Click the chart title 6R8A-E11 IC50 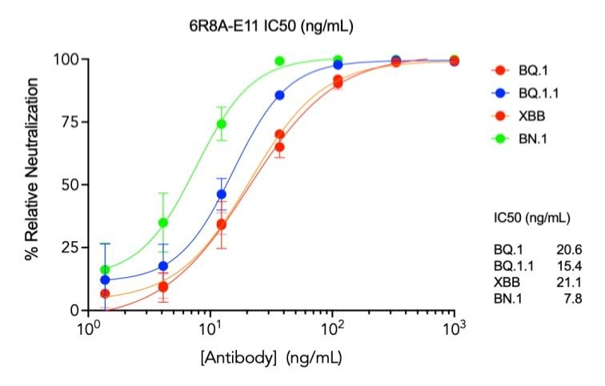click(266, 27)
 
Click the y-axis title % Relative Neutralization click(33, 184)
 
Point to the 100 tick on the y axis click(67, 59)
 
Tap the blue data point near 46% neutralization click(222, 195)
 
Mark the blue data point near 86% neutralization click(279, 95)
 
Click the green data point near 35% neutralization click(163, 223)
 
